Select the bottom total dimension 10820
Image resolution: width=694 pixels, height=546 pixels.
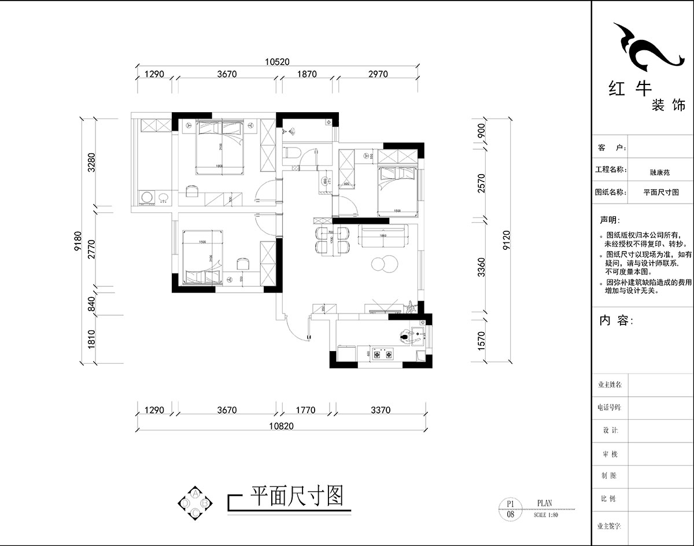[282, 426]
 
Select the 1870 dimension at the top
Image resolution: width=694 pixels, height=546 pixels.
[307, 74]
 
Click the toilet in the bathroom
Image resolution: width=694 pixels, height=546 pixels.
[291, 153]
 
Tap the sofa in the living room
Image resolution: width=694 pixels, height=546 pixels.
[384, 235]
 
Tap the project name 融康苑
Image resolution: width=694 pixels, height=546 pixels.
[659, 171]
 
